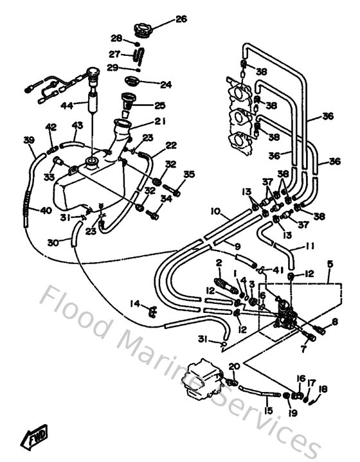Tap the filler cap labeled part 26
[143, 29]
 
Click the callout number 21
[160, 120]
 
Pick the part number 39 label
[29, 140]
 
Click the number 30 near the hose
[53, 242]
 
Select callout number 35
[188, 174]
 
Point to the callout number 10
[215, 211]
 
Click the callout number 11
[293, 247]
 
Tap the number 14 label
[134, 303]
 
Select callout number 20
[234, 367]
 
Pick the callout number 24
[166, 84]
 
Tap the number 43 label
[77, 125]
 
